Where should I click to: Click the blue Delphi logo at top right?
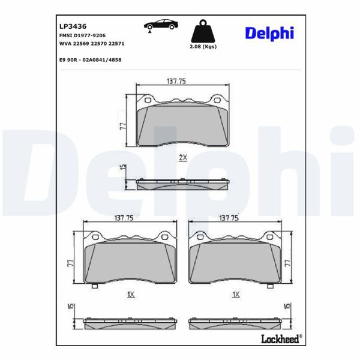269,33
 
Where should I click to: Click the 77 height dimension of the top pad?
122,126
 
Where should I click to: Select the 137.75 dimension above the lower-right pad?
229,218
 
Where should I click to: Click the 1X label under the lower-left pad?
130,295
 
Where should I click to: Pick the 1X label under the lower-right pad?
235,295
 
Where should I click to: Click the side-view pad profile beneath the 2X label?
183,184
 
